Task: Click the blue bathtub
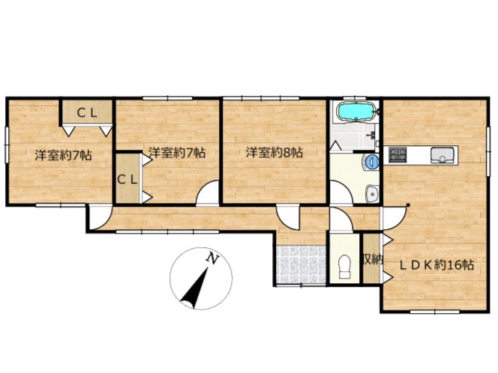(x=355, y=112)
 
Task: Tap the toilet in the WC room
(x=344, y=267)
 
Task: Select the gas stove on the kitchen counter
(x=397, y=155)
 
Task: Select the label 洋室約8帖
(x=274, y=153)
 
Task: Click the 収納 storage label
(x=373, y=260)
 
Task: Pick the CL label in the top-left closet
(x=87, y=113)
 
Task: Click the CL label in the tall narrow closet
(x=127, y=180)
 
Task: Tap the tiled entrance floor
(x=301, y=264)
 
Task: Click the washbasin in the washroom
(x=371, y=193)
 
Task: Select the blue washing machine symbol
(x=371, y=162)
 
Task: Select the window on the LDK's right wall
(x=488, y=151)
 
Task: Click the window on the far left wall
(x=7, y=145)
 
